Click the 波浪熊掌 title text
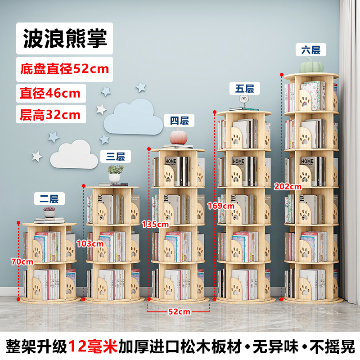coord(65,38)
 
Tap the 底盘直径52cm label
coord(64,69)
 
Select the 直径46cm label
coord(50,93)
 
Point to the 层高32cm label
coord(50,115)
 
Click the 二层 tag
coord(49,198)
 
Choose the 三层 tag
coord(116,156)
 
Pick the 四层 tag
coord(179,120)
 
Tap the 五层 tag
coord(245,88)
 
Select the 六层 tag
coord(311,49)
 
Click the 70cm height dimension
coord(22,261)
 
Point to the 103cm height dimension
coord(90,243)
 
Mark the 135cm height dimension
coord(155,224)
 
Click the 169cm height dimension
coord(221,206)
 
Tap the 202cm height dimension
coord(288,186)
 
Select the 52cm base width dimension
coord(179,311)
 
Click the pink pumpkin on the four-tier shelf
coord(178,137)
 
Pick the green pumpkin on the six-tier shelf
coord(311,66)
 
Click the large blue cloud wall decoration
coord(133,117)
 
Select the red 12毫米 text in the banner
coord(93,346)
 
